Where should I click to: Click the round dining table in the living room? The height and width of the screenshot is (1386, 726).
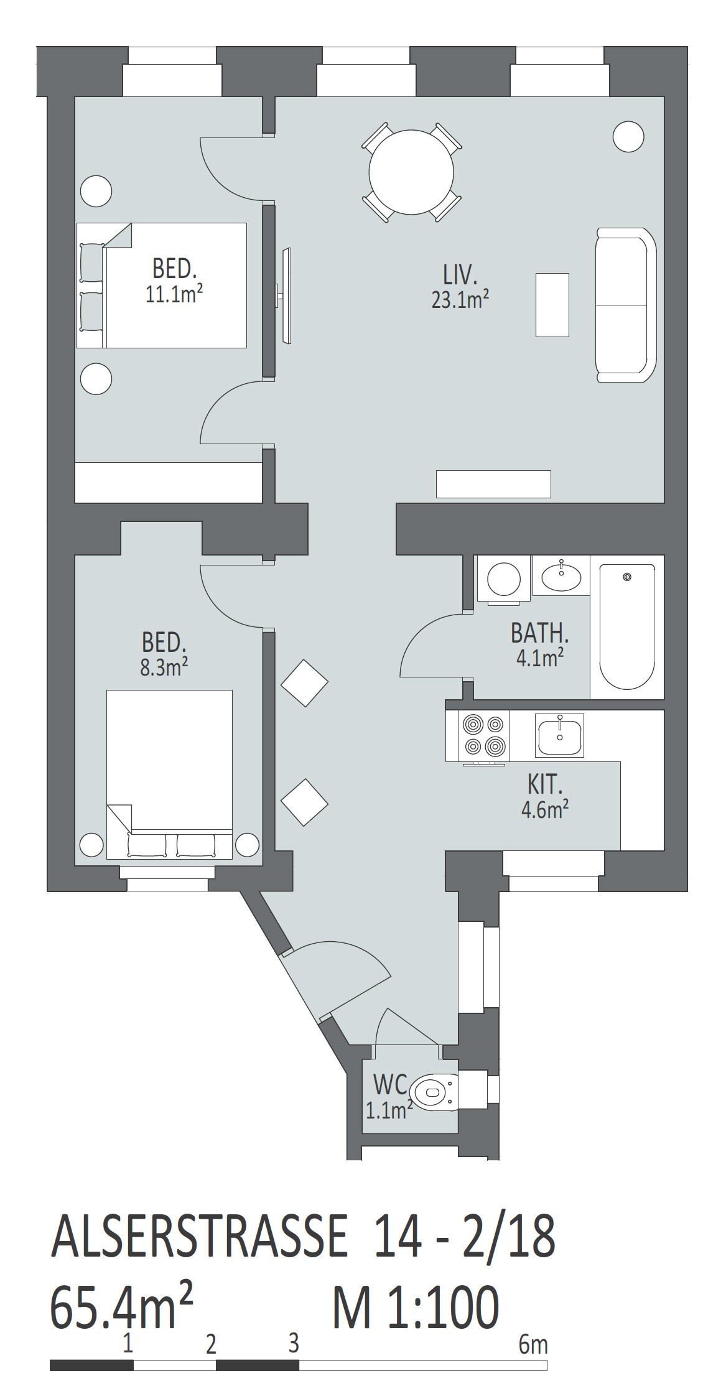click(x=411, y=172)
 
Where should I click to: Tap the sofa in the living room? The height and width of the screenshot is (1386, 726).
click(x=626, y=305)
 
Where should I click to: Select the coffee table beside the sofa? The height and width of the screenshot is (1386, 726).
click(x=552, y=305)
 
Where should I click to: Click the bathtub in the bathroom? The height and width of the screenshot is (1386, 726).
click(x=627, y=626)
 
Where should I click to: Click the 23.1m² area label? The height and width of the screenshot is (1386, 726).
click(x=460, y=300)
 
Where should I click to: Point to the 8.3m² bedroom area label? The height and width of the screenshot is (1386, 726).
click(x=164, y=667)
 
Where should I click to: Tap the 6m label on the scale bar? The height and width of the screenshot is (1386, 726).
click(x=533, y=1345)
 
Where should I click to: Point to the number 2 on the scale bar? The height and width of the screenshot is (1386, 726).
click(x=211, y=1346)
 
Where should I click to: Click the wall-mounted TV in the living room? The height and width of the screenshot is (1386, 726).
click(x=284, y=295)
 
